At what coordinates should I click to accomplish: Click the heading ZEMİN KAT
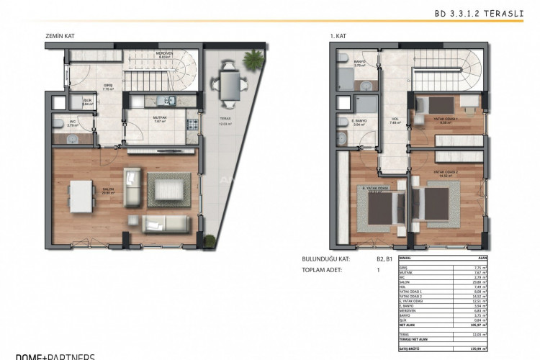click(60, 35)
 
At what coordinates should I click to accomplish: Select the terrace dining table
click(230, 84)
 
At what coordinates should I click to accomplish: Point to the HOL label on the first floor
click(374, 120)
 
